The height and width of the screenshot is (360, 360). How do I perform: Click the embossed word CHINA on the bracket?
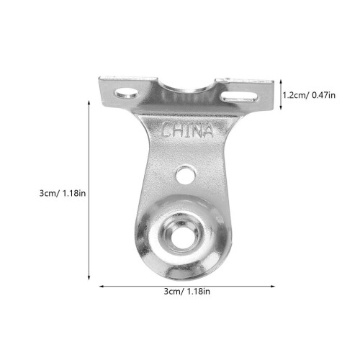[x=187, y=130]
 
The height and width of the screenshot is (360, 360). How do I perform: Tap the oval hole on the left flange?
[x=127, y=93]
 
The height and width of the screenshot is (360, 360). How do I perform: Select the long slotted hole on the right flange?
[x=239, y=96]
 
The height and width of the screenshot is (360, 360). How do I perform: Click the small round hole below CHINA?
[x=185, y=175]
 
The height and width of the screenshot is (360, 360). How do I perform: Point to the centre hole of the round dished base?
[x=181, y=237]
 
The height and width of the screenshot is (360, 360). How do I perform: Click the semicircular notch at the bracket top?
[x=186, y=84]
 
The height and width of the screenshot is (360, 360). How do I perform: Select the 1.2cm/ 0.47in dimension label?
[x=309, y=95]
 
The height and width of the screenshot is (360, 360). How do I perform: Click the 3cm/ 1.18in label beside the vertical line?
[x=63, y=193]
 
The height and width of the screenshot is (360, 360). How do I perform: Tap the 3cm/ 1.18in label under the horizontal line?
[x=186, y=292]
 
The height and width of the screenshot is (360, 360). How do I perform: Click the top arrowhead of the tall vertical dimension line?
[x=89, y=102]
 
